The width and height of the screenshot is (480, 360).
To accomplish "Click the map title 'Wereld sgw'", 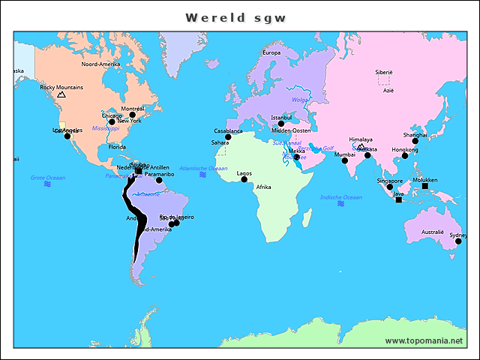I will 235,17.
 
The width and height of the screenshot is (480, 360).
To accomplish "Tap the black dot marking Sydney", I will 458,241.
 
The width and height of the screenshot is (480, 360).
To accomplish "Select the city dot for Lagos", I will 244,179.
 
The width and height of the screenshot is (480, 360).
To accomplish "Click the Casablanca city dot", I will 228,137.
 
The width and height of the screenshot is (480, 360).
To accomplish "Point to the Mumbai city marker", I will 345,160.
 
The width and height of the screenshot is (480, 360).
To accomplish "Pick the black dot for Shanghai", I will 415,141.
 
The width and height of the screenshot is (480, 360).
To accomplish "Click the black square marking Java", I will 398,199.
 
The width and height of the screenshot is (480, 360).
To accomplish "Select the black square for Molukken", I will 424,186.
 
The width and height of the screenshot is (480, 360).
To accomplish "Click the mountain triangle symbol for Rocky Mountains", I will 61,95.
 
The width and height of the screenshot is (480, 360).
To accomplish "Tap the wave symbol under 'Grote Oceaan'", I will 47,184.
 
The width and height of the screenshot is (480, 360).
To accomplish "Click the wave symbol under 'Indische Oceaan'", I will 340,203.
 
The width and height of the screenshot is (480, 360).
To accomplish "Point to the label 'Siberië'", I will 384,72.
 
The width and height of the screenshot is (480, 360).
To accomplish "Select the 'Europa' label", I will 271,53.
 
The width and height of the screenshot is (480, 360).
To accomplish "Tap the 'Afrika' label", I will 263,187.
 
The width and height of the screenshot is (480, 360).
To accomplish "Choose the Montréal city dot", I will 132,115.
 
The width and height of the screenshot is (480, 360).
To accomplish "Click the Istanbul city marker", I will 281,124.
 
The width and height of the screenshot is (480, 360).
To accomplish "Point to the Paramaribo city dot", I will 159,180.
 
